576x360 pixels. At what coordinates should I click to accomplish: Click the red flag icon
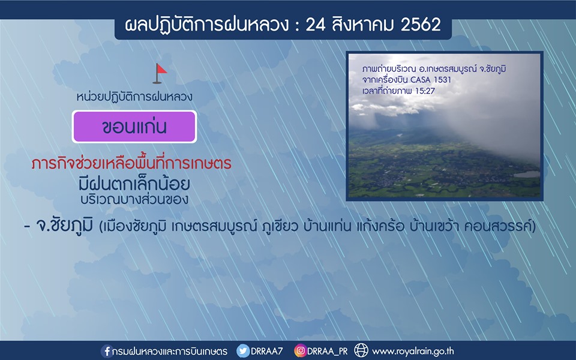(x=160, y=73)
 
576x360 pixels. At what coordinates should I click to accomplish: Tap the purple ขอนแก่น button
(x=134, y=127)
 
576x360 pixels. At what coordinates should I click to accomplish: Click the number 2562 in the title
(x=421, y=25)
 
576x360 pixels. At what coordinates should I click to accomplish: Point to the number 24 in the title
(x=316, y=25)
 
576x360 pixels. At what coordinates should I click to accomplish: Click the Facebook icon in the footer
(x=106, y=351)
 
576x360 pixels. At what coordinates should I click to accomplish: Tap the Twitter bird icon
(x=243, y=351)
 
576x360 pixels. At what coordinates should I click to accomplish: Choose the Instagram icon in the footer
(x=300, y=351)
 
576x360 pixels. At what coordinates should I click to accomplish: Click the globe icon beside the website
(x=361, y=350)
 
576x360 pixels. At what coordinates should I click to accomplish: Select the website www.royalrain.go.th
(x=413, y=352)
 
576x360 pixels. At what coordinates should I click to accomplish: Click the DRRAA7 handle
(x=266, y=351)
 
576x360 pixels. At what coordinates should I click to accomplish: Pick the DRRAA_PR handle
(x=327, y=352)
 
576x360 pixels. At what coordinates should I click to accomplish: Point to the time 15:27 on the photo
(x=425, y=91)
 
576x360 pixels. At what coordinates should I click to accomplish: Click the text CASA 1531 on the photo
(x=431, y=80)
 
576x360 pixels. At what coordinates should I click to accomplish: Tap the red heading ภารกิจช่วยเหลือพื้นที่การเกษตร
(x=131, y=163)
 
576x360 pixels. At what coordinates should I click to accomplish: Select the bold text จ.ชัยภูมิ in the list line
(x=64, y=225)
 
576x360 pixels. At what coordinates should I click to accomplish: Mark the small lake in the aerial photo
(x=527, y=174)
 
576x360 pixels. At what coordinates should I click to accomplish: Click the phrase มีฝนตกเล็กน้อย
(x=134, y=184)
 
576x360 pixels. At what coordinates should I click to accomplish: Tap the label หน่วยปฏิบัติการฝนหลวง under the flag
(x=134, y=97)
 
